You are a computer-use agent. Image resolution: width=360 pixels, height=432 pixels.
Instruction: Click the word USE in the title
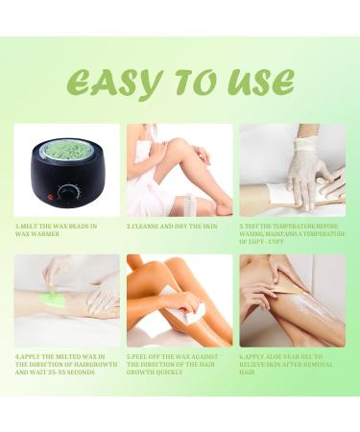point(258,83)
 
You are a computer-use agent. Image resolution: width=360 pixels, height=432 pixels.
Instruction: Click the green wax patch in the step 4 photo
point(51,300)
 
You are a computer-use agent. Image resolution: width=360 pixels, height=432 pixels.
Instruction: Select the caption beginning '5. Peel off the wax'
point(179,365)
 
